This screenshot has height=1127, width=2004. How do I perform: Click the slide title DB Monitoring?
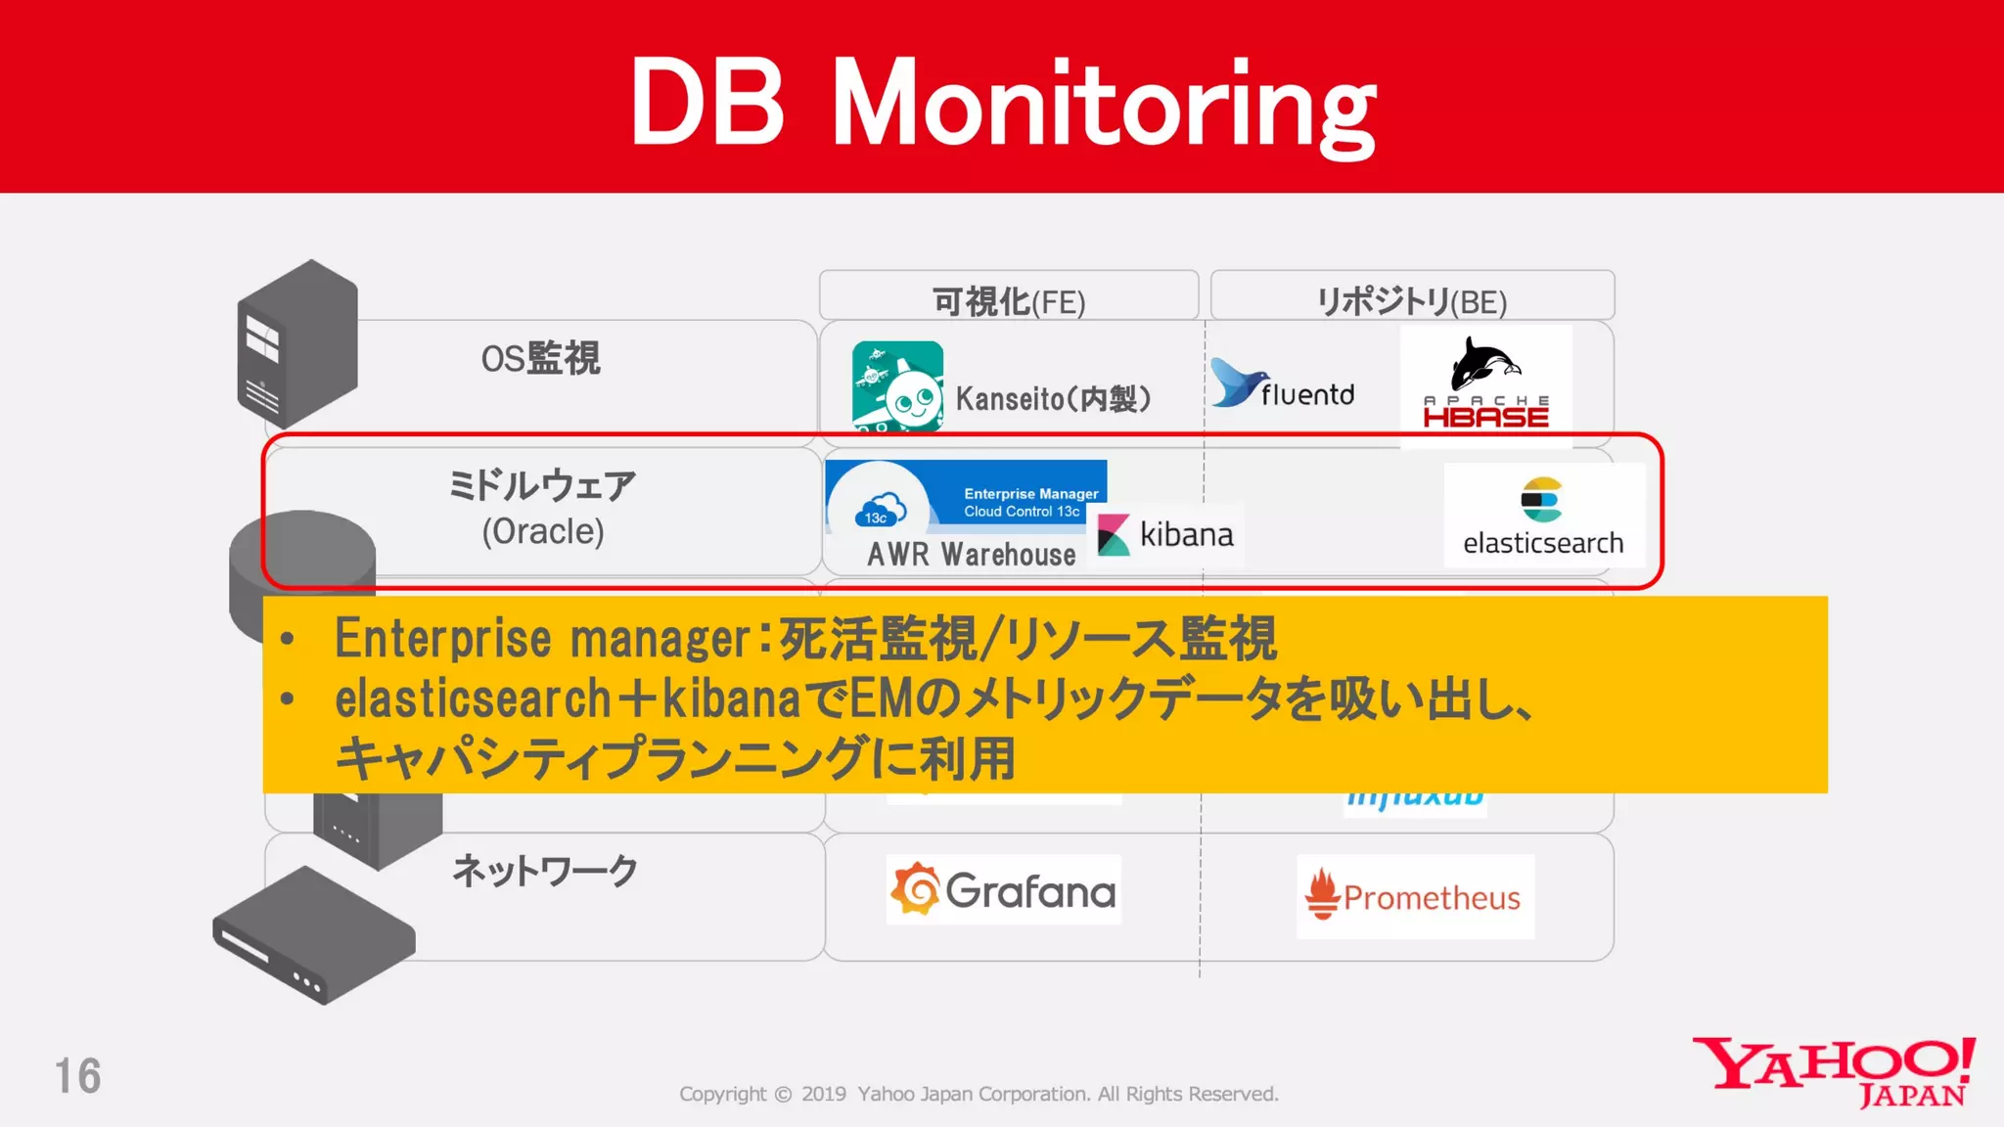1003,103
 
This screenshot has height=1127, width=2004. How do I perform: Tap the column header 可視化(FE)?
1009,301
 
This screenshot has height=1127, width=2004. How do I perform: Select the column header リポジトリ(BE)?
1412,301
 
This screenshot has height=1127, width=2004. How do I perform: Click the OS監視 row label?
540,359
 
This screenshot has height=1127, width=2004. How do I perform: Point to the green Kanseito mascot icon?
897,385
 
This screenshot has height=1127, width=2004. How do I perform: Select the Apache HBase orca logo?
1485,365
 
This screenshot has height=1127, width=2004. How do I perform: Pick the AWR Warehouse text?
971,555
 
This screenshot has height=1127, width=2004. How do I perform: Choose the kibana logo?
1165,535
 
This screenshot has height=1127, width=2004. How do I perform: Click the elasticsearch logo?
1542,516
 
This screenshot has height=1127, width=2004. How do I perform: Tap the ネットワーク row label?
545,870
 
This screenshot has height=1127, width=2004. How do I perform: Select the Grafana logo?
1003,890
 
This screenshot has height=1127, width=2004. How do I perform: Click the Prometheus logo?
1414,896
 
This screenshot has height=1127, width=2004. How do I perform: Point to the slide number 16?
77,1076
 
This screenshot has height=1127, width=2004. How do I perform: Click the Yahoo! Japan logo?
1834,1072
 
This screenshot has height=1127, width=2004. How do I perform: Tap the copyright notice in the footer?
979,1094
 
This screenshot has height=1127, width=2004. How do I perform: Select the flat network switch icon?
313,934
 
